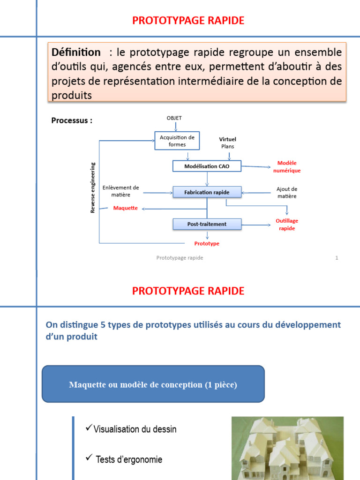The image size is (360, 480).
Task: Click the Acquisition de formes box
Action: [177, 141]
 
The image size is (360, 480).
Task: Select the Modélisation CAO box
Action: [207, 166]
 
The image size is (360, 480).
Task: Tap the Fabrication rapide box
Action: [207, 192]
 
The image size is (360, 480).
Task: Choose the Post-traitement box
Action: [207, 224]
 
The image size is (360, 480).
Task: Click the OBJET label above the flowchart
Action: [174, 118]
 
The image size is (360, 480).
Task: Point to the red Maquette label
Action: [126, 208]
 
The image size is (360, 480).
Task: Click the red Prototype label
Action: [207, 244]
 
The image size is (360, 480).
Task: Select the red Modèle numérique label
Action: [287, 167]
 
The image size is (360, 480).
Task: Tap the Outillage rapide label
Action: [287, 225]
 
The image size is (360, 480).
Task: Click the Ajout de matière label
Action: [287, 193]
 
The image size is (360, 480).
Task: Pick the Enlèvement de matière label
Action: [121, 191]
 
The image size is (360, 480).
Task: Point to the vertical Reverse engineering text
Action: [93, 187]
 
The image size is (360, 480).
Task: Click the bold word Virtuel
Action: [228, 139]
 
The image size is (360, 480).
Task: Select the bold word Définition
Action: [76, 52]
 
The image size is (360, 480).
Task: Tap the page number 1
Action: [337, 258]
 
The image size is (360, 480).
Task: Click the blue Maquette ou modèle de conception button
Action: [153, 384]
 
